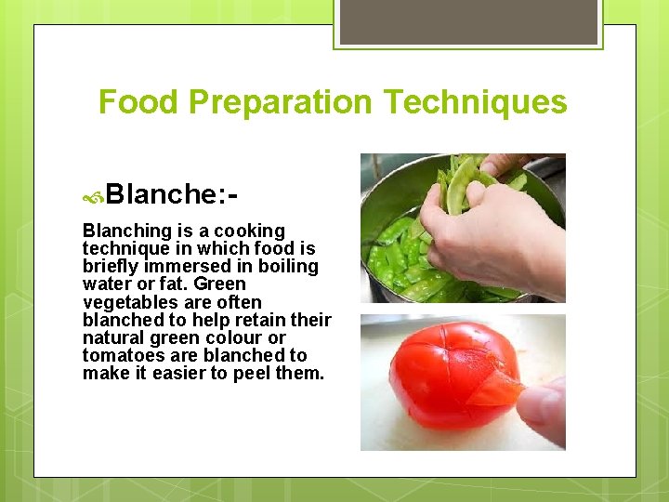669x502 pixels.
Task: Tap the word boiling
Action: click(288, 267)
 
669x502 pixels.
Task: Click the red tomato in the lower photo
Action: click(427, 381)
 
